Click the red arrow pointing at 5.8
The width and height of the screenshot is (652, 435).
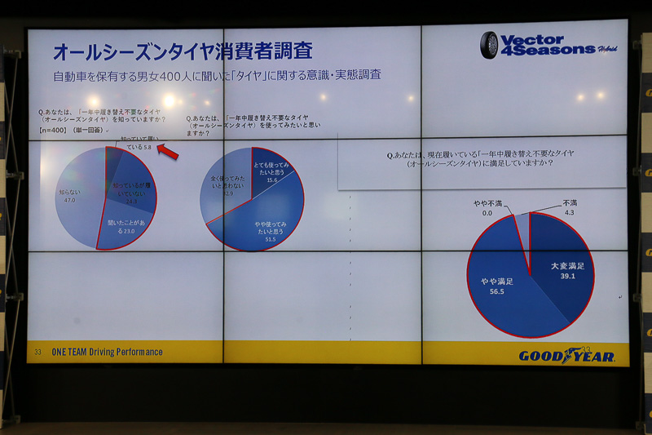(x=168, y=152)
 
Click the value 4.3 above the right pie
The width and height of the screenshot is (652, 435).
(x=569, y=213)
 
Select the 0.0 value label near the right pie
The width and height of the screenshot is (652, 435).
(x=487, y=213)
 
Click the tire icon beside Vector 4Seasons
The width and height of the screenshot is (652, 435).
(x=489, y=44)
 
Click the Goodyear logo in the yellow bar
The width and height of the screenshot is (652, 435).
(x=566, y=356)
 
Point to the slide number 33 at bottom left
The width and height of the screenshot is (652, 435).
(x=37, y=353)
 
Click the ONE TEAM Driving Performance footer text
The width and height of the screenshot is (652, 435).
(x=107, y=353)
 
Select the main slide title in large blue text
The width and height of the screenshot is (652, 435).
(x=183, y=51)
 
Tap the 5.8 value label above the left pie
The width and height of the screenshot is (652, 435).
(x=147, y=148)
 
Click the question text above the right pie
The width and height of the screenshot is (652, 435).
(x=470, y=158)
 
